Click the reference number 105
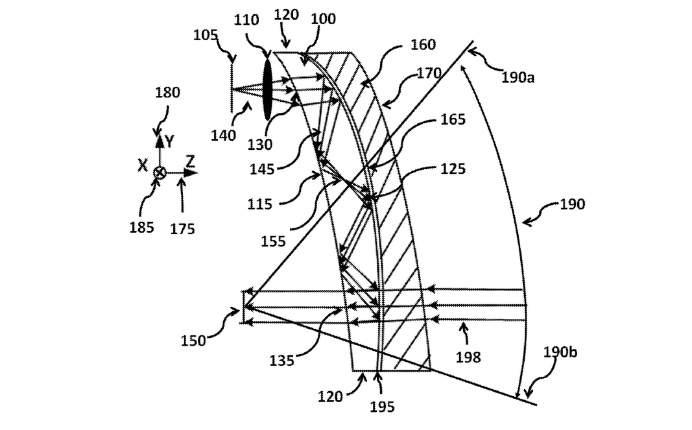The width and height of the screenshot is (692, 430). tap(206, 35)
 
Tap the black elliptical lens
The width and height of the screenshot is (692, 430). tap(267, 90)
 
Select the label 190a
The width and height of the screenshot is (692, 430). tap(518, 77)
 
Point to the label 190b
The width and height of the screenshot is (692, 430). tap(560, 352)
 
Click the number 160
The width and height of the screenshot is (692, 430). tap(424, 44)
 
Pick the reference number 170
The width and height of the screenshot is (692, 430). tap(429, 73)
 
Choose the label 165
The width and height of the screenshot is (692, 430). tap(453, 119)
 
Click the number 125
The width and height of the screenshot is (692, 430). tap(453, 169)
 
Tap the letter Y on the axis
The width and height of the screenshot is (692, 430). tap(169, 141)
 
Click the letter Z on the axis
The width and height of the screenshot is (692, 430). tap(190, 161)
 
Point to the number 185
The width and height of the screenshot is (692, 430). tap(141, 228)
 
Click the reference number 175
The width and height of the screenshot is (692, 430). tap(183, 229)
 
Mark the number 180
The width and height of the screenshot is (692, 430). tap(168, 92)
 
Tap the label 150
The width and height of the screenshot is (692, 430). tap(193, 340)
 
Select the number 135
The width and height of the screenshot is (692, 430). tap(281, 361)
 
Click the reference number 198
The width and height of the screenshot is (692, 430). tap(468, 357)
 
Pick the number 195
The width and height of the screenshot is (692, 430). tap(382, 407)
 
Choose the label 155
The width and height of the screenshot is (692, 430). tap(273, 241)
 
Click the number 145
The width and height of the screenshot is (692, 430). tap(262, 169)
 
